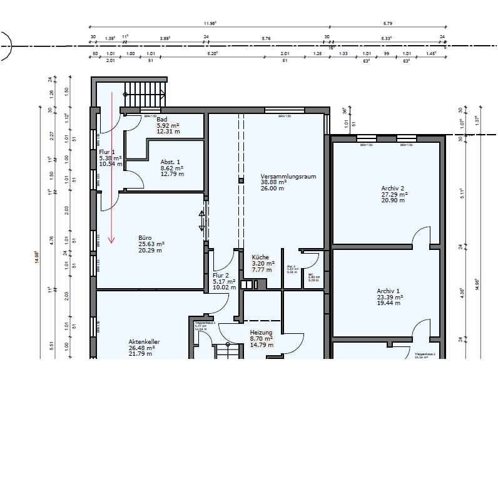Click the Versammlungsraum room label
coord(288,177)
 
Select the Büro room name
coord(145,238)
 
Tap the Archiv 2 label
coord(393,188)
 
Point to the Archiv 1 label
coord(389,291)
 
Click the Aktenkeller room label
coord(144,342)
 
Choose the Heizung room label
coord(261,333)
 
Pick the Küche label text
coord(260,257)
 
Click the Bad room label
coord(162,119)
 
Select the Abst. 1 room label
coord(170,162)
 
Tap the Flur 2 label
coord(221,276)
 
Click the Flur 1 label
coord(107,152)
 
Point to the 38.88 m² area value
coord(273,182)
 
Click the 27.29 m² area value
coord(395,194)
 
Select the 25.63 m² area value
coord(151,244)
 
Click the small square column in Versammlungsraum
coord(240,180)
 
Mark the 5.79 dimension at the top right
coord(387,24)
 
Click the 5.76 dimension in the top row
coord(266,39)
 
